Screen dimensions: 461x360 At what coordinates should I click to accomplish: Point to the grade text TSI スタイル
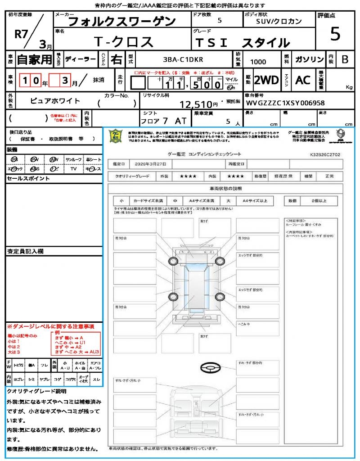242,43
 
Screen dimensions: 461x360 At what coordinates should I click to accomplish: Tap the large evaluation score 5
335,34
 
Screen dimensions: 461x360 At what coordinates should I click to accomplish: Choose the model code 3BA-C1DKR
183,59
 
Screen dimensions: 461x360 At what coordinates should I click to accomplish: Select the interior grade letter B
345,59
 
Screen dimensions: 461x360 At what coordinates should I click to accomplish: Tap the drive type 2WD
266,80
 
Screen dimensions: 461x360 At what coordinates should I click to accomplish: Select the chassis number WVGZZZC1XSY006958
285,103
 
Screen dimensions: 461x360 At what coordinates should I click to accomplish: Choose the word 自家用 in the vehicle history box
35,59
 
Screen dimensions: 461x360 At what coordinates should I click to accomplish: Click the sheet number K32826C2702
325,154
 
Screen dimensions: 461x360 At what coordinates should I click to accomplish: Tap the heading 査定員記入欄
25,251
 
